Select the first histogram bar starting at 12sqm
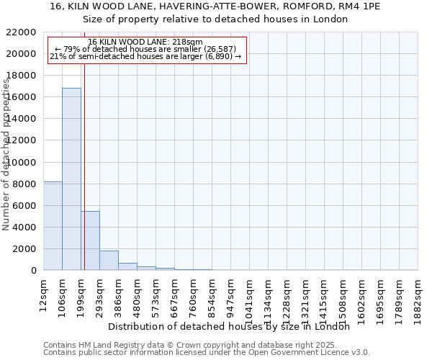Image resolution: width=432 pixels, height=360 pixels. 53,226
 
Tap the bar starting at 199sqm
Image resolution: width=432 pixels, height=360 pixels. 90,240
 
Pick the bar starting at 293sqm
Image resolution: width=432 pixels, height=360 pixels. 109,261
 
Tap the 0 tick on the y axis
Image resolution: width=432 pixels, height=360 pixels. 33,271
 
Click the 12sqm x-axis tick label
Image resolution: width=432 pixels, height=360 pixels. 44,293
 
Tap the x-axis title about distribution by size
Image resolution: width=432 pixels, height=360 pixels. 233,326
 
